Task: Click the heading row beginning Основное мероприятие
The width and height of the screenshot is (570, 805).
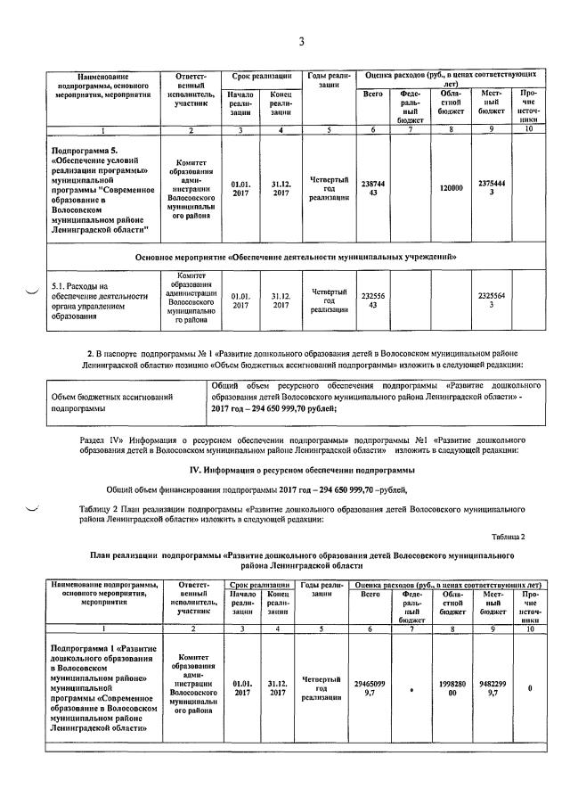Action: pos(297,257)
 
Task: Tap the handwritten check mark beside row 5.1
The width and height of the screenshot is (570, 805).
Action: pos(33,292)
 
